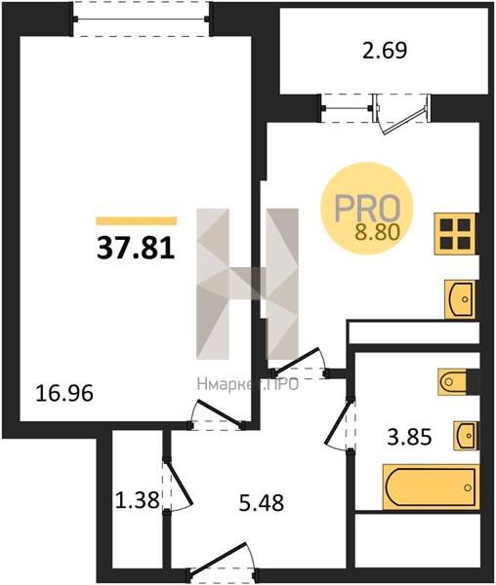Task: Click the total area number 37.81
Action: coord(136,249)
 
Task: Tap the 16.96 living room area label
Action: coord(63,393)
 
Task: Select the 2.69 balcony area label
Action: coord(385,51)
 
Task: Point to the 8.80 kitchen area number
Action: coord(378,233)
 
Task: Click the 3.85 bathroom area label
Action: coord(409,437)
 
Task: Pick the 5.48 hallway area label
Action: coord(262,502)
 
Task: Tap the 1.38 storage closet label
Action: coord(138,500)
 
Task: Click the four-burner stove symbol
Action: coord(455,234)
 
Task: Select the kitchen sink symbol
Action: coord(460,299)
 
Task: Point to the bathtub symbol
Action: coord(431,487)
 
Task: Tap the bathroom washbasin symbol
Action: coord(466,436)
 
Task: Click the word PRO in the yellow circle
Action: coord(367,209)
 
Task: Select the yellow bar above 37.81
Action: coord(137,221)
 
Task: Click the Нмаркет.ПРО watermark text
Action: coord(248,384)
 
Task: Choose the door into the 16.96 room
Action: coord(218,414)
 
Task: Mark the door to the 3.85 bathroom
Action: coord(339,424)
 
